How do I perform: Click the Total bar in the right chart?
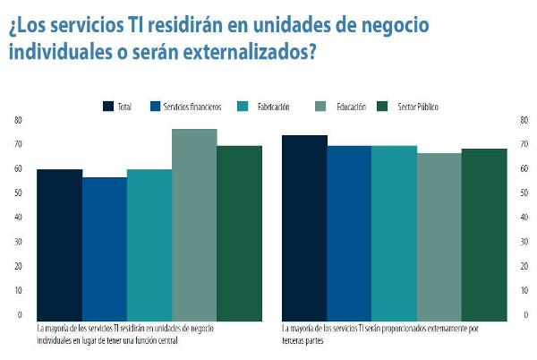tap(304, 227)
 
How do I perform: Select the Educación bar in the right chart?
tap(439, 236)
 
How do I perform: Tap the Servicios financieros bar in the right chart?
tap(349, 232)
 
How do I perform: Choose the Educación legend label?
tap(351, 107)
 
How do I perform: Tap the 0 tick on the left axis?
tap(18, 315)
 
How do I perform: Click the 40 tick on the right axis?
tap(524, 218)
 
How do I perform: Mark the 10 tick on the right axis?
tap(524, 291)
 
